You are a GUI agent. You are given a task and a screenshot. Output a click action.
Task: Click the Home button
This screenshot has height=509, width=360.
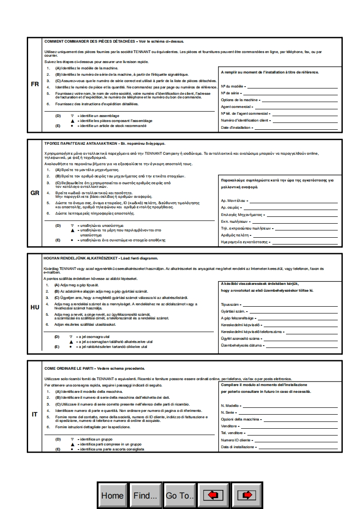pos(112,495)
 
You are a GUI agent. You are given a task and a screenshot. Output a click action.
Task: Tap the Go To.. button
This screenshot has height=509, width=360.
pos(180,495)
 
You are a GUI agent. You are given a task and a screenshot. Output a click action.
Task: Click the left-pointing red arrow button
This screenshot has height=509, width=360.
pos(212,495)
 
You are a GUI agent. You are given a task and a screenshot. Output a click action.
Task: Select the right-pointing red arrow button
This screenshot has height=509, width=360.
pos(247,495)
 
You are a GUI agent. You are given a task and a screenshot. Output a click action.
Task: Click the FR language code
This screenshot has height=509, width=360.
pos(35,84)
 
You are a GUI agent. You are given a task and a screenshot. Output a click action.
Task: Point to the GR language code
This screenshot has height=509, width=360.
pos(35,193)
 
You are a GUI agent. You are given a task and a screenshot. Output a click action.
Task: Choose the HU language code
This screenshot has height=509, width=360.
pos(35,307)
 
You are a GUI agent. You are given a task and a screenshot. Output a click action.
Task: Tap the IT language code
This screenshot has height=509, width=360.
pos(35,414)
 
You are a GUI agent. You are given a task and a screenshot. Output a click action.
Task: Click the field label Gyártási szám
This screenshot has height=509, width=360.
pos(233,311)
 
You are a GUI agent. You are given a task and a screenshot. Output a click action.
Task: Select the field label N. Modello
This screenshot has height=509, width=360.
pos(230,406)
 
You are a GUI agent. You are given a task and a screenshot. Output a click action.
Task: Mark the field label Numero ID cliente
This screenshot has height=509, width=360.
pos(236,440)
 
